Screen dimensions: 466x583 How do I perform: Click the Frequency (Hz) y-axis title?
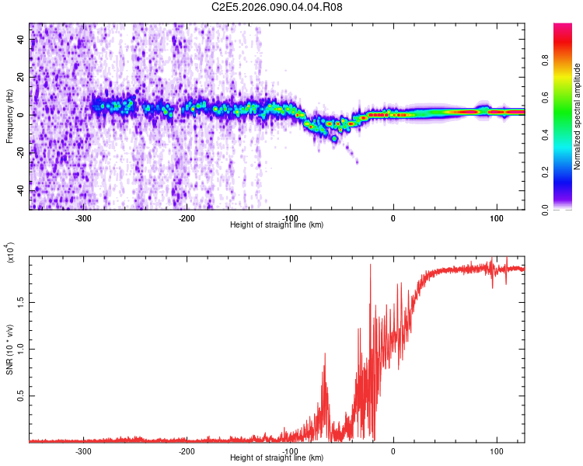click(9, 116)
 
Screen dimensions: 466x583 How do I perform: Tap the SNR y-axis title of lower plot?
click(9, 349)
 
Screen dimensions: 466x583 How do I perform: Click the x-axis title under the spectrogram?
click(277, 224)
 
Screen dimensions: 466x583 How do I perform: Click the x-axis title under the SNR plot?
click(277, 457)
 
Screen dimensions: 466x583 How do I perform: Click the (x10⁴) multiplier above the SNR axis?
click(11, 252)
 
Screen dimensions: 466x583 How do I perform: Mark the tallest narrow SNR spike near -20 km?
click(370, 265)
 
